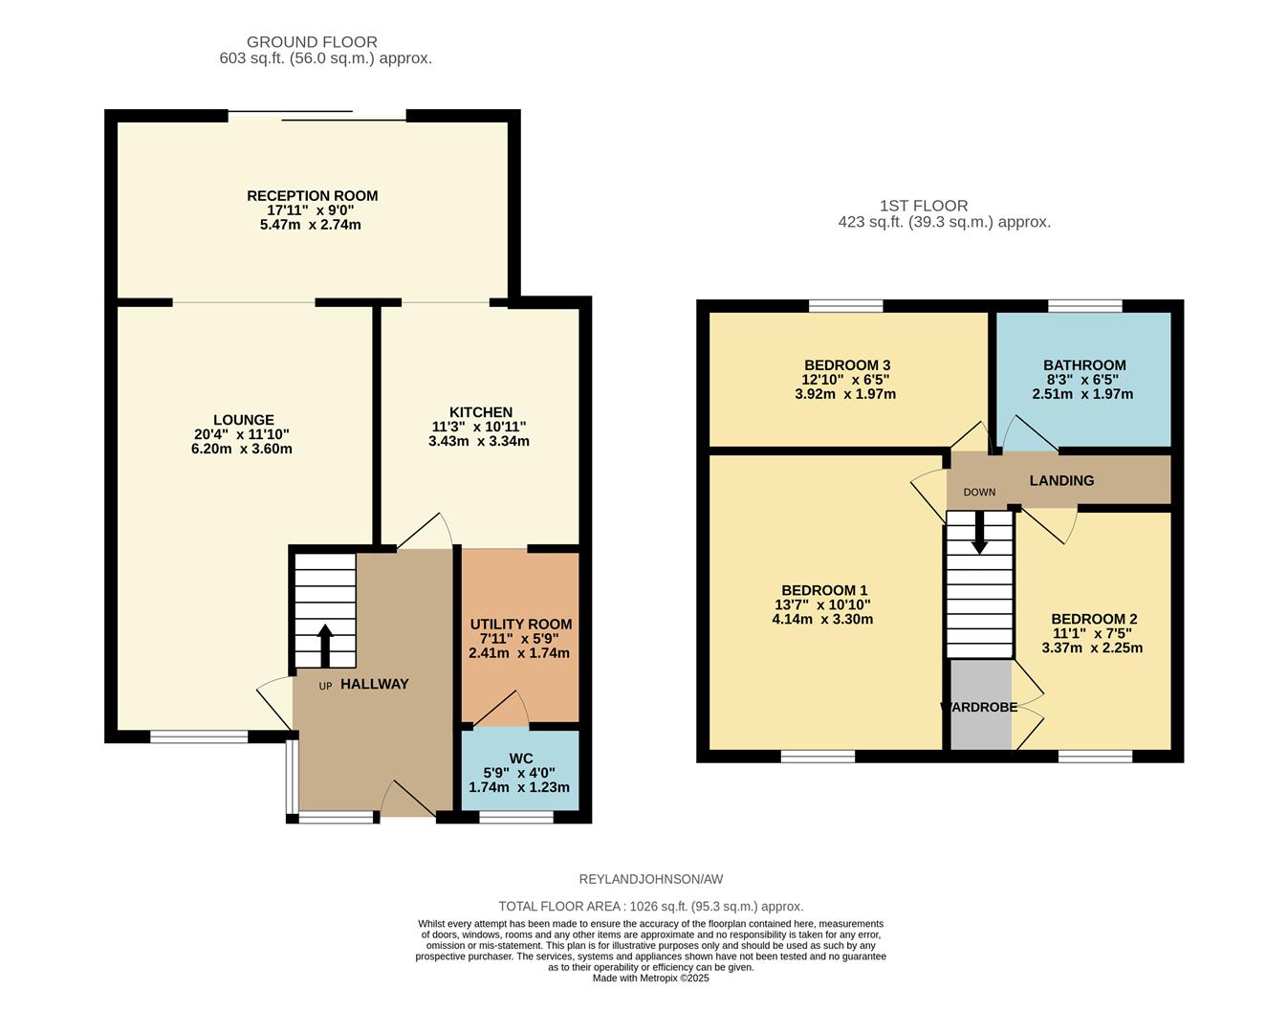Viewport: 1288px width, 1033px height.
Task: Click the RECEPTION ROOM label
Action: (x=312, y=196)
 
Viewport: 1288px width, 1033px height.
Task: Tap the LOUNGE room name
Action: (x=243, y=420)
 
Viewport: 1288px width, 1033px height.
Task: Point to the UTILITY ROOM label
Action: (x=520, y=625)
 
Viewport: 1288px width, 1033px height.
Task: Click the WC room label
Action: (x=520, y=758)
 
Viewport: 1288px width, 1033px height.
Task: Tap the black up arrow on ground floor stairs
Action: (x=324, y=646)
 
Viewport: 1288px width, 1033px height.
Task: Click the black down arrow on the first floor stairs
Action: (x=979, y=533)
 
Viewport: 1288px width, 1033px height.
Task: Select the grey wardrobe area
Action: (x=980, y=704)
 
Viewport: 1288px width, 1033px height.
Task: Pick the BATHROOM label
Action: (x=1084, y=365)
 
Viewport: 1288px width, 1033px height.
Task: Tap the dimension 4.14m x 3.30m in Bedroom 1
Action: (x=822, y=619)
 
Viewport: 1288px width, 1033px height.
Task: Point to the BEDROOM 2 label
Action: (x=1094, y=619)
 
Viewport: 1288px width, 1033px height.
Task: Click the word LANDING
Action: (x=1061, y=480)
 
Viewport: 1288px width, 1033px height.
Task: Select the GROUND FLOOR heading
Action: (x=312, y=42)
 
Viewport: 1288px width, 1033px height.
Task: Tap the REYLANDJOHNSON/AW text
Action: (x=651, y=879)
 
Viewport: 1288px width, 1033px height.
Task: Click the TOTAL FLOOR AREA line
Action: (x=651, y=906)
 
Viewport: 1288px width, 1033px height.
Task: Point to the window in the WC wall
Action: (x=515, y=817)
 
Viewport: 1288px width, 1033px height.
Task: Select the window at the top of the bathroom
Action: (x=1084, y=306)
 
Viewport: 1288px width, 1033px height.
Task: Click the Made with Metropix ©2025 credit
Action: (x=651, y=978)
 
